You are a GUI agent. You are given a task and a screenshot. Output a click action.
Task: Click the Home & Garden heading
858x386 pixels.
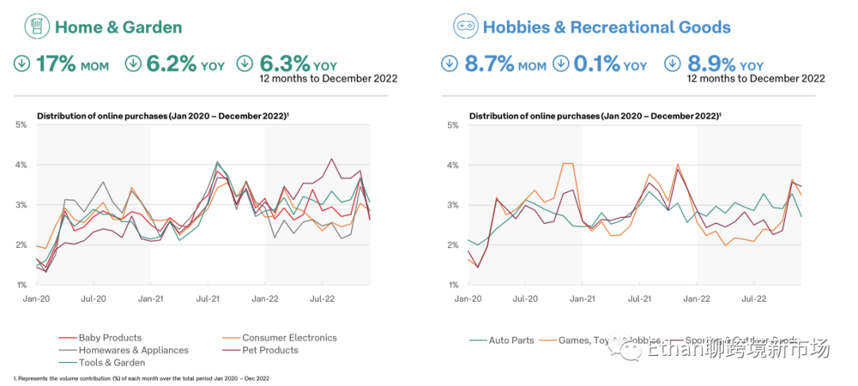tap(118, 27)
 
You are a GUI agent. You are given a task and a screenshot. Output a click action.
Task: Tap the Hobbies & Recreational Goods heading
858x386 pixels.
tap(607, 27)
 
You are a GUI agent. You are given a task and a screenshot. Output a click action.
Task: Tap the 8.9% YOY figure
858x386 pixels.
tap(725, 64)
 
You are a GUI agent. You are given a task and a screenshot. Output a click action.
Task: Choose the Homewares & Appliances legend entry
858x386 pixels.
tap(133, 350)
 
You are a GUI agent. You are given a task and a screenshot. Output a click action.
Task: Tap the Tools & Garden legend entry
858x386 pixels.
tap(112, 363)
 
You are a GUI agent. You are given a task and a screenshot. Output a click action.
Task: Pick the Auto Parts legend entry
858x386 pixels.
tap(512, 340)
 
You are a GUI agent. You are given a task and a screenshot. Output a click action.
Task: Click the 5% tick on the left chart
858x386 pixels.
tap(21, 125)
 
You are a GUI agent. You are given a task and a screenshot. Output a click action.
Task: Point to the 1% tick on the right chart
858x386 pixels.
tap(453, 284)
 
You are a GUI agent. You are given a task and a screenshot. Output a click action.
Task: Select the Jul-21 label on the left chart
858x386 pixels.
tap(208, 299)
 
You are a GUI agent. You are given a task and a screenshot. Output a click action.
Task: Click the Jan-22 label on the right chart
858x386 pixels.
tap(697, 299)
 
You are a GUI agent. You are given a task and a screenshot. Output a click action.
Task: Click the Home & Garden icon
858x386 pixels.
tap(34, 27)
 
